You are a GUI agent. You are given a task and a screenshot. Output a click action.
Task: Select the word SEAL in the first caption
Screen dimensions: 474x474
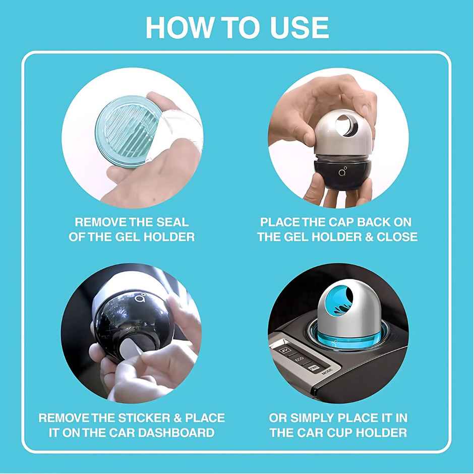click(172, 222)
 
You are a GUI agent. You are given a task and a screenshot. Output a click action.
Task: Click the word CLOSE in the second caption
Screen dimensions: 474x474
click(397, 236)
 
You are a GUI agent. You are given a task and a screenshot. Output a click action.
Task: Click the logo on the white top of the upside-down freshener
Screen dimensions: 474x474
click(141, 298)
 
